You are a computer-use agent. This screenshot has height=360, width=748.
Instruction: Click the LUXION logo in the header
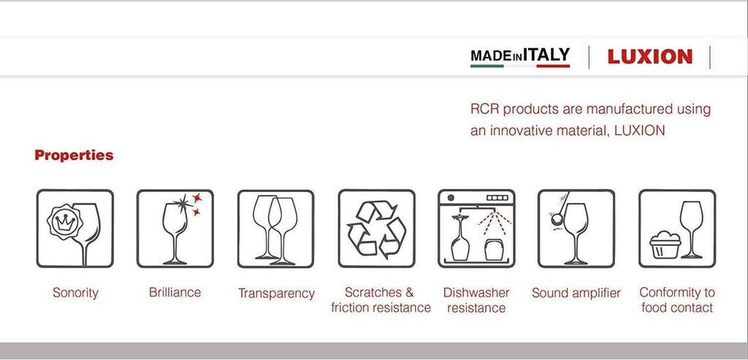coord(649,57)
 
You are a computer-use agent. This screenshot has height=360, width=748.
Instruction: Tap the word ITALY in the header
coord(546,55)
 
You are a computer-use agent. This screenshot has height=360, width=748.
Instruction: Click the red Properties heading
coord(74,156)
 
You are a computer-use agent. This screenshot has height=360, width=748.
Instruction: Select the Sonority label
coord(75,292)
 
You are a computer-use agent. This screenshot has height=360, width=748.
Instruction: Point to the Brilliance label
coord(175,292)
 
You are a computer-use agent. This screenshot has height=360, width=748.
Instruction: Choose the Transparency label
coord(276,294)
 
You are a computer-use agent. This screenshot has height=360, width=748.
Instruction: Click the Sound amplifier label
coord(576,293)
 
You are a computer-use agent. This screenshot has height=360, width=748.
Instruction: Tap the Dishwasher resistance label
coord(476,300)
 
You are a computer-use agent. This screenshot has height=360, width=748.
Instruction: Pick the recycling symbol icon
coord(376,229)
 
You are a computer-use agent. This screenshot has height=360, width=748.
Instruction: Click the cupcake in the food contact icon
coord(665,245)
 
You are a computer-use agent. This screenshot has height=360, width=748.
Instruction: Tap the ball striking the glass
coord(556,219)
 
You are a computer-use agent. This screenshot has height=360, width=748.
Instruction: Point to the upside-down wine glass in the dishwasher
coord(460,237)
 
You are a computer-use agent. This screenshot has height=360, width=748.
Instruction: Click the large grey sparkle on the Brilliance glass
coord(182,204)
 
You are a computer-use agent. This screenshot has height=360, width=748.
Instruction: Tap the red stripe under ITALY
coord(553,66)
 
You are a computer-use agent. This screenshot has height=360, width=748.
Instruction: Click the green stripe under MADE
coord(487,66)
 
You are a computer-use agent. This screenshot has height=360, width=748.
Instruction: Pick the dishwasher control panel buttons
coord(497,197)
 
